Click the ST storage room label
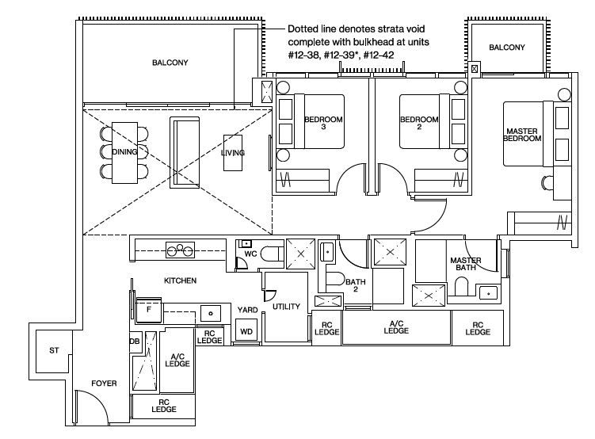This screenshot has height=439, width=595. coord(54,350)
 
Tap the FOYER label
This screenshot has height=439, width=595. coord(104,384)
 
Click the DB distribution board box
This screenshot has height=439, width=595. coord(135,342)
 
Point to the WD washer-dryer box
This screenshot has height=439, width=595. coord(246,331)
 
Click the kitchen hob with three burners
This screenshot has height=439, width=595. coord(181,250)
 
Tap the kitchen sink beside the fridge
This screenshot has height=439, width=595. coord(211,314)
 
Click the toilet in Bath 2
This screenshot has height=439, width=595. coord(334,279)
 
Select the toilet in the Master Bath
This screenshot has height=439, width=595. coord(461,286)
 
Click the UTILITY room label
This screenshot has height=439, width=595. coord(286,306)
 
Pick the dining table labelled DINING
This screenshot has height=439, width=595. coord(124,152)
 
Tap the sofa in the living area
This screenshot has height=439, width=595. coord(185,152)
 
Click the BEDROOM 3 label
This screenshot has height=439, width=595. coord(323,123)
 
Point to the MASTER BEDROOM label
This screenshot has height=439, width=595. coord(522,135)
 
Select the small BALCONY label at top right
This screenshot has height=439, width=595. coord(507,48)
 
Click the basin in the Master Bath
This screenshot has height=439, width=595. coord(488,293)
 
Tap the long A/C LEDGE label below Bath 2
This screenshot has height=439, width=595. coord(396,327)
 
